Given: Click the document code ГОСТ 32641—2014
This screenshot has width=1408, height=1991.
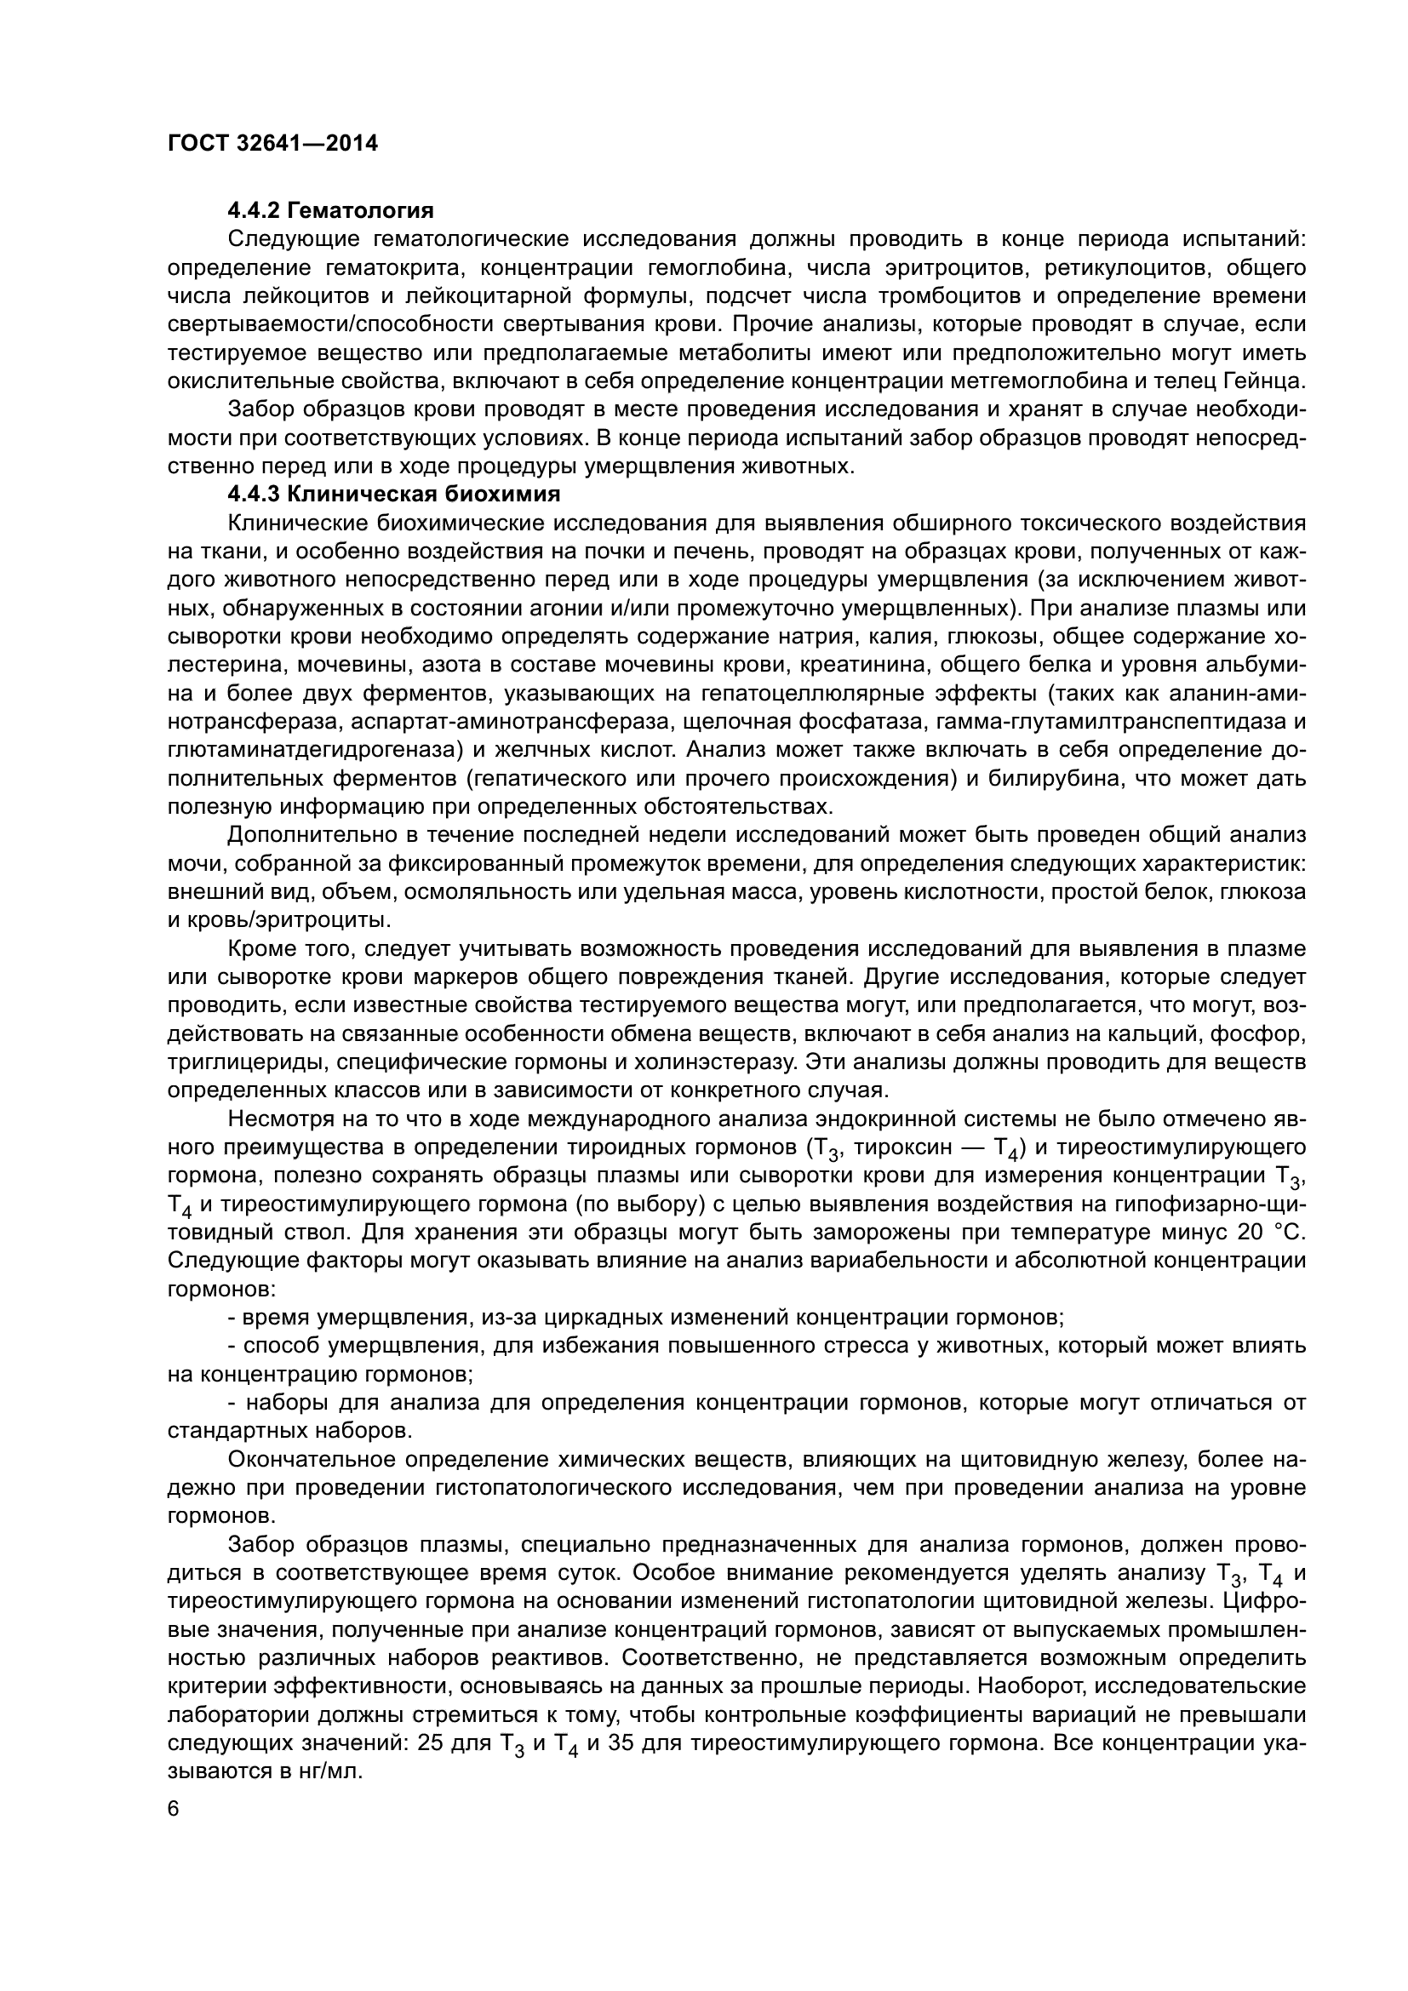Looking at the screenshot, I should coord(272,143).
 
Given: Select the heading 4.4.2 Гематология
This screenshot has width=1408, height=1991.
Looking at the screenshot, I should coord(330,211).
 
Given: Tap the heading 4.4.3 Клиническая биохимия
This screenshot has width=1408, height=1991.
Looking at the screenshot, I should coord(393,495).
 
